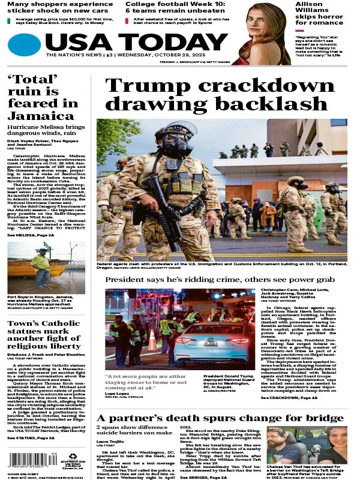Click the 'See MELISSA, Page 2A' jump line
32,235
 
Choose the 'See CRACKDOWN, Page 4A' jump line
289,380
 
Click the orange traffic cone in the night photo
152,341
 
